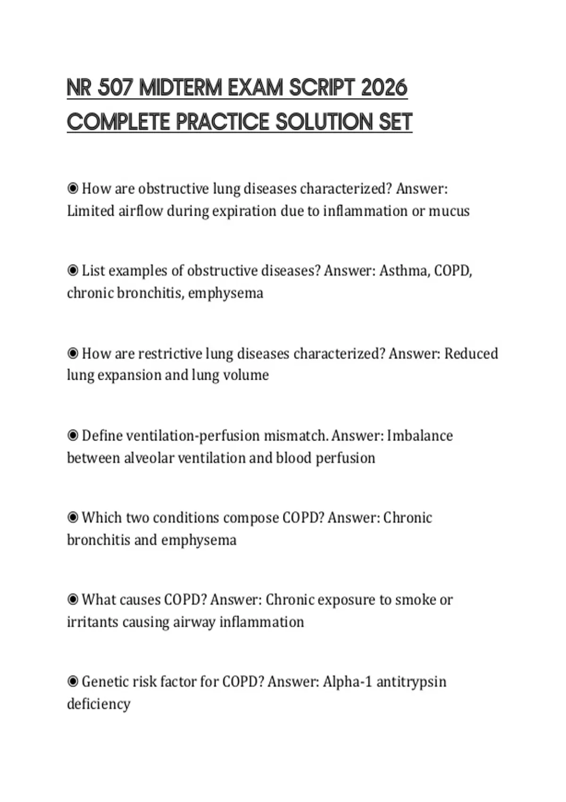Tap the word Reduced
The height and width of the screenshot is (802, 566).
471,353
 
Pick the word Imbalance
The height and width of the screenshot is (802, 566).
420,435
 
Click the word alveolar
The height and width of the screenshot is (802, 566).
149,458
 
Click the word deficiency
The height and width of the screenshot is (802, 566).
99,704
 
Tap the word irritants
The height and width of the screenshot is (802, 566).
92,622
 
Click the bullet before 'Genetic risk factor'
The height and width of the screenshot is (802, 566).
73,682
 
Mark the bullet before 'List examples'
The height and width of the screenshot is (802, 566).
73,271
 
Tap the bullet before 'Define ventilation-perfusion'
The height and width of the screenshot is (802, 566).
73,435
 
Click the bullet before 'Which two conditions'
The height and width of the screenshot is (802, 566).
73,518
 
